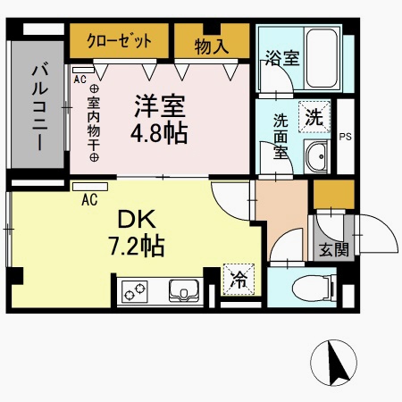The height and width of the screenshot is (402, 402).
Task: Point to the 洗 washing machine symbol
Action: point(315,116)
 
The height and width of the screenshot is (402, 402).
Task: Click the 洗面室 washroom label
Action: point(280,133)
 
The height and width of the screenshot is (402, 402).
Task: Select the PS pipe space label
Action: point(346,136)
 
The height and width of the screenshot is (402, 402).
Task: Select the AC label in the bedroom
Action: point(80,78)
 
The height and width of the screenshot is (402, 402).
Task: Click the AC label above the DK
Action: point(89,200)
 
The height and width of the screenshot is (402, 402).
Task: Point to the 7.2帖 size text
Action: point(137,246)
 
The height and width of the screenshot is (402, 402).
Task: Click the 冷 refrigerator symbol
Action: point(237,280)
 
